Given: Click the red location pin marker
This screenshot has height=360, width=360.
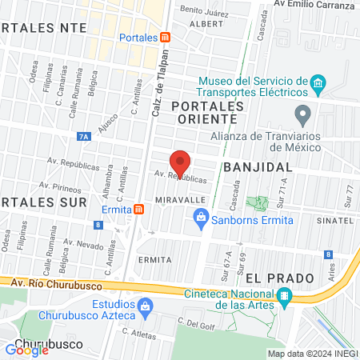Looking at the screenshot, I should pos(182,162).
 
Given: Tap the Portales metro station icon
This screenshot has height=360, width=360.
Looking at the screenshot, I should pos(165,38).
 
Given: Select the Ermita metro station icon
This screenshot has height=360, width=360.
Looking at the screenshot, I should pos(139,210).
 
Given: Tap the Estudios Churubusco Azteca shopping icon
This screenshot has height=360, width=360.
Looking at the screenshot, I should pos(146,305).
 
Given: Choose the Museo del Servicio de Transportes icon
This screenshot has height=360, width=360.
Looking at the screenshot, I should pos(318,82).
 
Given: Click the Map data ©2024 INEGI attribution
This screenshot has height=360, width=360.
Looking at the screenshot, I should pos(312,354).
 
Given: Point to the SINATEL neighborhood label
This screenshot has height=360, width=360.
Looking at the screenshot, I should pos(334,219).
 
